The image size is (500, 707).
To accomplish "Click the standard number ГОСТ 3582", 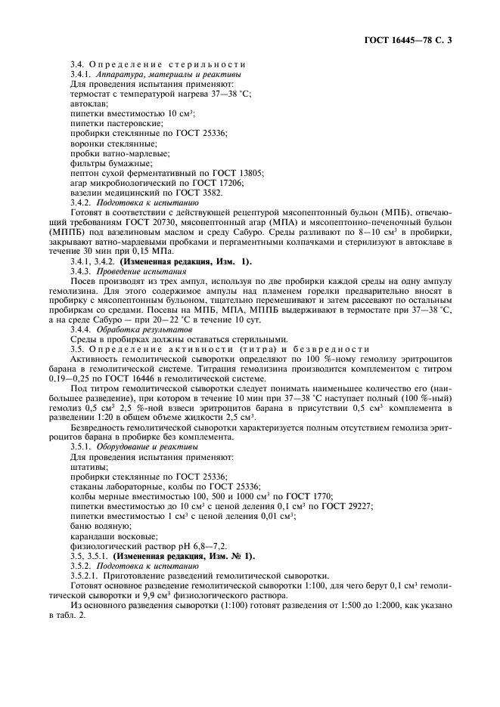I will (x=191, y=193).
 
